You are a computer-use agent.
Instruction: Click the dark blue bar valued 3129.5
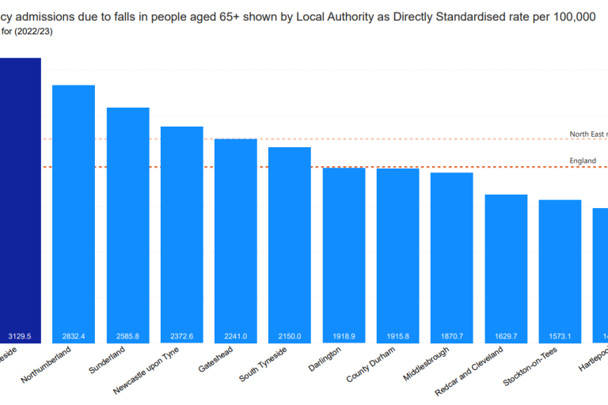pyautogui.click(x=19, y=198)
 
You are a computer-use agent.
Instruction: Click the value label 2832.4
pyautogui.click(x=74, y=336)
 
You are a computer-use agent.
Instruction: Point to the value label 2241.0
pyautogui.click(x=236, y=336)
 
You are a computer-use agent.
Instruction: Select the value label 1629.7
pyautogui.click(x=506, y=336)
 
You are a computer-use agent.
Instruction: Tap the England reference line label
pyautogui.click(x=583, y=161)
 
